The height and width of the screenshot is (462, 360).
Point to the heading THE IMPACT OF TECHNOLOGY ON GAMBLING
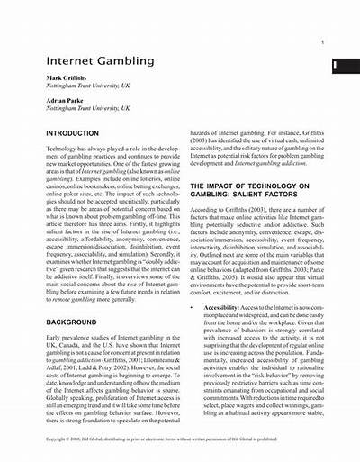255,190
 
